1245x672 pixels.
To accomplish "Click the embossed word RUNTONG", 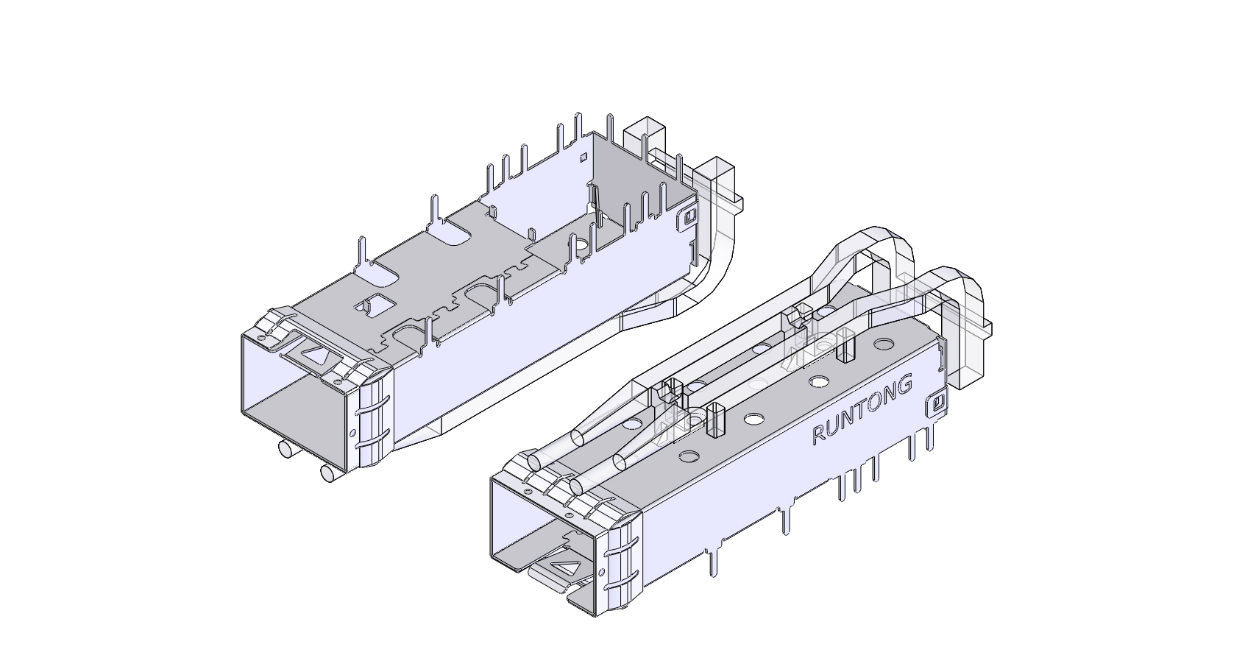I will [x=862, y=410].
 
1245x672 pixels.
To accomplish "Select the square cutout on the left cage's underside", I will [x=374, y=303].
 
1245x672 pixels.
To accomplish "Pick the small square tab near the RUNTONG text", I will [x=937, y=403].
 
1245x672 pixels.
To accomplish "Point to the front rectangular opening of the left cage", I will [x=294, y=397].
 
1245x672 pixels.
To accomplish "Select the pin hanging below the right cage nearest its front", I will [x=712, y=562].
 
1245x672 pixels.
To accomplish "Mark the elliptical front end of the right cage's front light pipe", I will [x=535, y=462].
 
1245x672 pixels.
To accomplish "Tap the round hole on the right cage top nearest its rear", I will [x=882, y=344].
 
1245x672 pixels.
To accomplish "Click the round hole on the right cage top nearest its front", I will [x=689, y=456].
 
